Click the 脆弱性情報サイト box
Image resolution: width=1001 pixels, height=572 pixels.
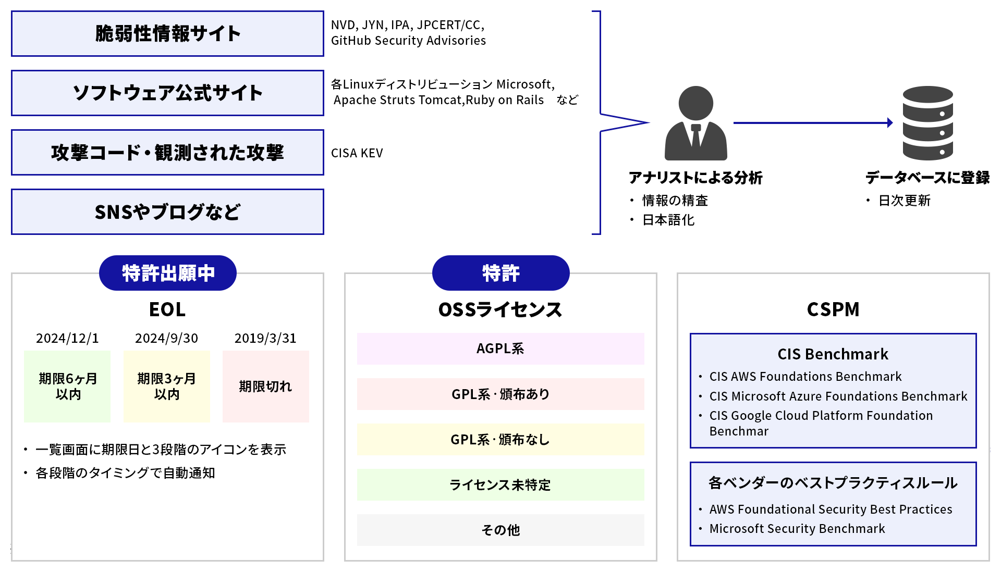(x=167, y=34)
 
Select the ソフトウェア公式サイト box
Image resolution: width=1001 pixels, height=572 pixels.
(x=167, y=93)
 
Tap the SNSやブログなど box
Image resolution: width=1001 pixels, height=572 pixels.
(x=167, y=212)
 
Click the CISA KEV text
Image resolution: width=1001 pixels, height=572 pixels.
(x=357, y=153)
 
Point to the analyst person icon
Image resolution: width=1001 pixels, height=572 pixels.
(x=695, y=124)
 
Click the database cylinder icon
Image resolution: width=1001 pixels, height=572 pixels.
(x=927, y=123)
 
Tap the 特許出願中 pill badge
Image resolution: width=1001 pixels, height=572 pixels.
(x=168, y=273)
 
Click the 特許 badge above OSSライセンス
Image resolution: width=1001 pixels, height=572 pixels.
(x=500, y=273)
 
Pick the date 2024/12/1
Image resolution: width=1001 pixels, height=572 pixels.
(x=67, y=339)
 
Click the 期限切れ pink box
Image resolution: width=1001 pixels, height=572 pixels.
(x=265, y=387)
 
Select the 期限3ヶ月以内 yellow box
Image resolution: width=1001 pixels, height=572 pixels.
(x=166, y=387)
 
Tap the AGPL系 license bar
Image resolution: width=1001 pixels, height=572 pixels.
(x=500, y=349)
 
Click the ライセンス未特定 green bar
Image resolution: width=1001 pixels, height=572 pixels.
(x=500, y=485)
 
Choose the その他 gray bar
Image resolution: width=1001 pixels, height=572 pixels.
(x=500, y=530)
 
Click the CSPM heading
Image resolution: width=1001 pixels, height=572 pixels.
(x=833, y=309)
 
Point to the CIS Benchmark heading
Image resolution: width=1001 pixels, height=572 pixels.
(x=833, y=354)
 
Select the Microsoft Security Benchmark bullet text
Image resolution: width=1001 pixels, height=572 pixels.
(x=797, y=529)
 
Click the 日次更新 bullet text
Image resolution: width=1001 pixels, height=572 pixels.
(x=904, y=201)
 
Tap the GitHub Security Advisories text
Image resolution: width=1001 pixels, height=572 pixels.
(x=408, y=41)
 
